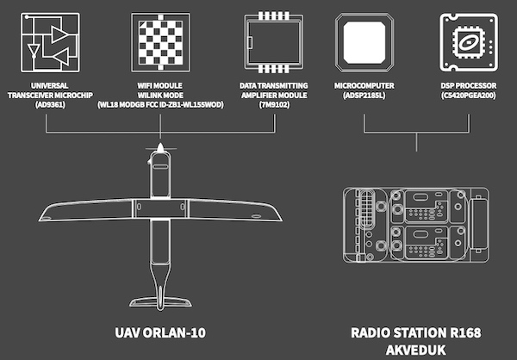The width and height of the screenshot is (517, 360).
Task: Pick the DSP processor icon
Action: [x=469, y=42]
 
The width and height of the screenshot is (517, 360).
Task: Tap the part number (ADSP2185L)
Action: [x=365, y=95]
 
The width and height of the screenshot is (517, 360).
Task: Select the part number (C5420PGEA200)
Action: [x=467, y=95]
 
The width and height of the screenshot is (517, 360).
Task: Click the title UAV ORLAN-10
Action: [x=160, y=332]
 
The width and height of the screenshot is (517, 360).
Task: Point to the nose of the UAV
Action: [x=160, y=152]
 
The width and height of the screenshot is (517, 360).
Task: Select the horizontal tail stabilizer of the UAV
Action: [x=160, y=296]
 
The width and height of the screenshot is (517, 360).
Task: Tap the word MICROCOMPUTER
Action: [x=365, y=85]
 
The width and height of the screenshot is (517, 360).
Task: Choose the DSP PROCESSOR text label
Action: [x=467, y=85]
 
